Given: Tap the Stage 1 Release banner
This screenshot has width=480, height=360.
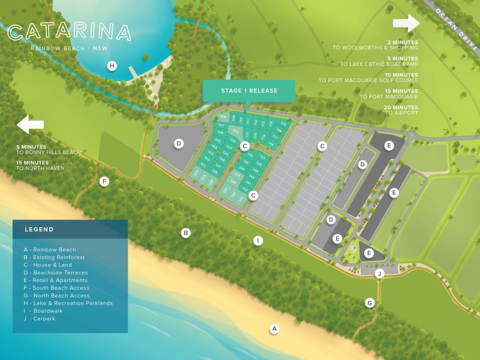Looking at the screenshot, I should (249, 91).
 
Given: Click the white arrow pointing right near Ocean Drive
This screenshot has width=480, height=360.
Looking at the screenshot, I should (406, 23).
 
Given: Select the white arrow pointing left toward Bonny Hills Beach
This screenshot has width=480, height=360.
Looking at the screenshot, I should (31, 125).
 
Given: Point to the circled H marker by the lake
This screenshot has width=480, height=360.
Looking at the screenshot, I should (112, 66).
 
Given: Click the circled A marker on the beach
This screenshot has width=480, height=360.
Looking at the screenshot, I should (274, 328).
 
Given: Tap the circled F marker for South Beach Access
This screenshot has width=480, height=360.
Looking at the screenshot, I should (104, 181).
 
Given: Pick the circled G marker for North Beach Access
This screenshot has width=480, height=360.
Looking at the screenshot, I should (370, 303).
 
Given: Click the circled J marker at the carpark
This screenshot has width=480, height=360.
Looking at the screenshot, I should (379, 274).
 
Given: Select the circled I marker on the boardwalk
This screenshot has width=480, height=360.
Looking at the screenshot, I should (258, 241).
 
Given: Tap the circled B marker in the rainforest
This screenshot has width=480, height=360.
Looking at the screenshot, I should (186, 233).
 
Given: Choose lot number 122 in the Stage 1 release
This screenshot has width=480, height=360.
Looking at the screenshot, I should (236, 131).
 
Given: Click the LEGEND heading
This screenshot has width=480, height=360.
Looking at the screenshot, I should (39, 229).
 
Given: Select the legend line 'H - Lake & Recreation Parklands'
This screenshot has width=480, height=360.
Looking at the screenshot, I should (68, 303).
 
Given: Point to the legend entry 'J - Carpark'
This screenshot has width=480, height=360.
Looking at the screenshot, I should (40, 319).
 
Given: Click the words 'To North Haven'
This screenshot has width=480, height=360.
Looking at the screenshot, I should (41, 168).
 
